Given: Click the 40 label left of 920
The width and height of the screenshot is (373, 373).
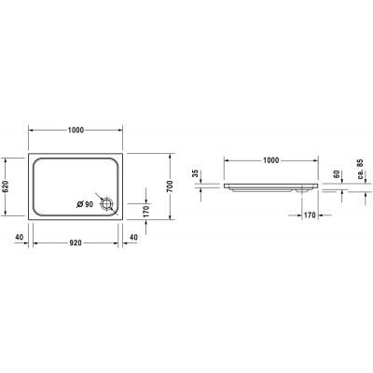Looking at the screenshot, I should (19, 237).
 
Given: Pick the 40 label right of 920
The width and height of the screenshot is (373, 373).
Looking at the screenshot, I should (134, 237).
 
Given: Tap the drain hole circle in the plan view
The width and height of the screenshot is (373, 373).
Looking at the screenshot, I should (108, 202).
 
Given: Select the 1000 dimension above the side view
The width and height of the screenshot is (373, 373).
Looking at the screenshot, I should (270, 160).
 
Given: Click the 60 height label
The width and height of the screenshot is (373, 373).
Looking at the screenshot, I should (338, 173).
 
